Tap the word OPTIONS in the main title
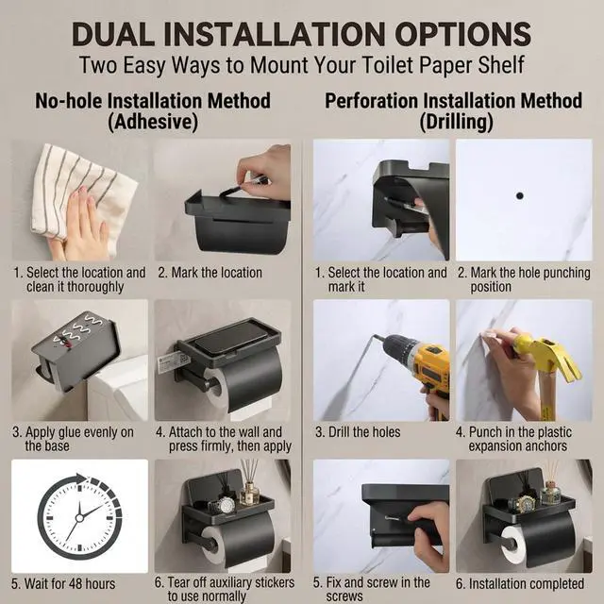tap(463, 34)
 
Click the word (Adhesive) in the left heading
tap(153, 122)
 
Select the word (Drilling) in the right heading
tap(456, 122)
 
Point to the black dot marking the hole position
tap(520, 195)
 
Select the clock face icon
tap(79, 517)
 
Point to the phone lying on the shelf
tap(230, 339)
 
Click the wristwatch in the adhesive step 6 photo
tap(223, 505)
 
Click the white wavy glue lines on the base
tap(78, 330)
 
